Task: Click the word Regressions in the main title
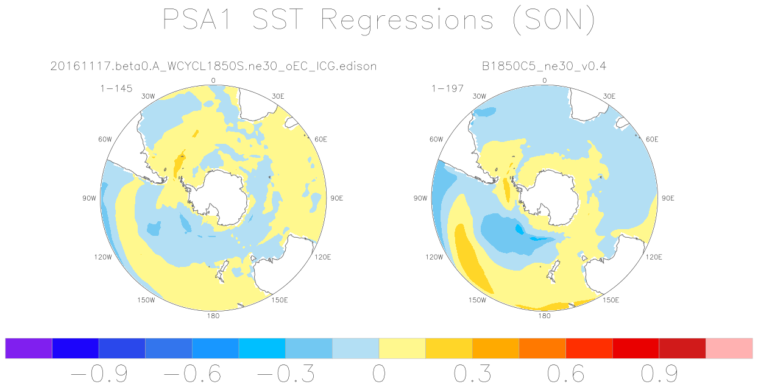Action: point(406,20)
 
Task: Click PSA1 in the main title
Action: point(197,20)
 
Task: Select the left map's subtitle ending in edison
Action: point(213,66)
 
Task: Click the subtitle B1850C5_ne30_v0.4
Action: point(544,66)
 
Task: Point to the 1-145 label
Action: point(116,89)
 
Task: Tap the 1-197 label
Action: point(447,89)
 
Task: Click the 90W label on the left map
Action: point(89,198)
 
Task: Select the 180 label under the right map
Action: point(544,316)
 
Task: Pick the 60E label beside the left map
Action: point(321,140)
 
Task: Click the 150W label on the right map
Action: point(477,300)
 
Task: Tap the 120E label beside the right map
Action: point(654,257)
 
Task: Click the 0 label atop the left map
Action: point(213,80)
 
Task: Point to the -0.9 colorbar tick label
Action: point(99,374)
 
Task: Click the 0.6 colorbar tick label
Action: point(565,374)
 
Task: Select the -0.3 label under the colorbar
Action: point(286,374)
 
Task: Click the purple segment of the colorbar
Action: point(29,348)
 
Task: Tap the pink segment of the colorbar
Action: point(729,348)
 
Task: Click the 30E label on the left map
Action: point(278,96)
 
